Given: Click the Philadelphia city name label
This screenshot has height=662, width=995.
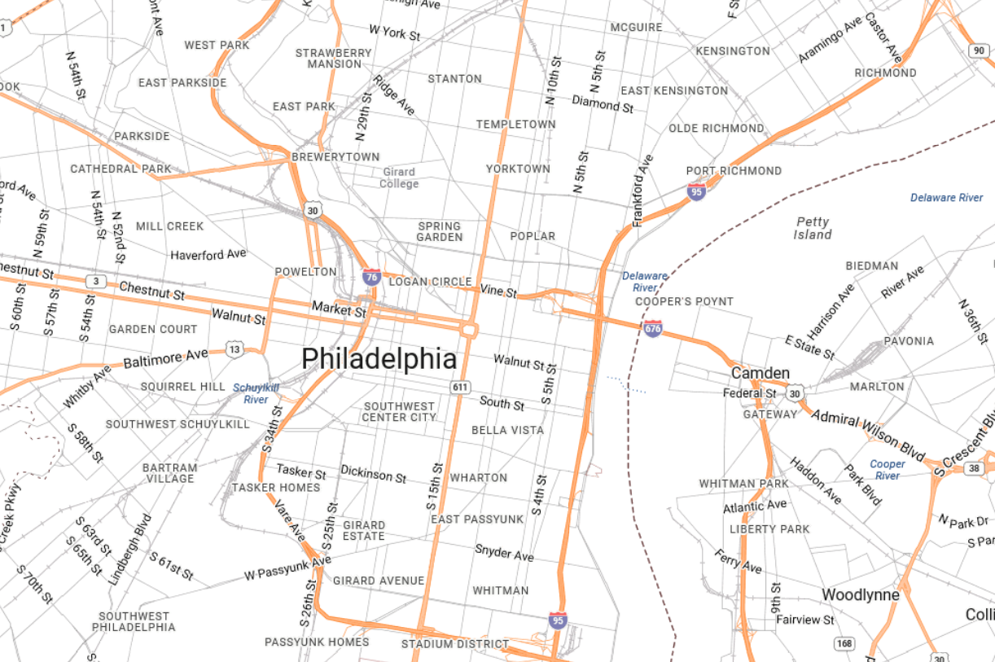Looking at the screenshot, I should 379,359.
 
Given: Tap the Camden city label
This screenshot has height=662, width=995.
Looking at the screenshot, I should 760,373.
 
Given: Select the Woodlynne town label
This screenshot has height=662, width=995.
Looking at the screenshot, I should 860,595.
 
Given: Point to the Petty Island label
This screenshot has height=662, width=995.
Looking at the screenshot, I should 812,228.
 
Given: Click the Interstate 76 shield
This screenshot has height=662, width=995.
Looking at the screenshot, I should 371,277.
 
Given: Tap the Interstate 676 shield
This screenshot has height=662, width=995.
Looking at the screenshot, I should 652,329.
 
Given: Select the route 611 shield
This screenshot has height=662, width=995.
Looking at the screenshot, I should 462,387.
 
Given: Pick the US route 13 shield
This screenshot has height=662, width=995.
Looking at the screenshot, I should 235,350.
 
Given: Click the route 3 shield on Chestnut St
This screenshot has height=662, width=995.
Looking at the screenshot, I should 97,282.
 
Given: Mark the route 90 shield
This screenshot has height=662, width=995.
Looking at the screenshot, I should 979,50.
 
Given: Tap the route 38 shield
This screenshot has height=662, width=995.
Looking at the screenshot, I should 974,468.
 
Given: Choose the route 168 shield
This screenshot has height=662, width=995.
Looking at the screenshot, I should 844,644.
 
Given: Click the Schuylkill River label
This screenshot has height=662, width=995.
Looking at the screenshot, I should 256,393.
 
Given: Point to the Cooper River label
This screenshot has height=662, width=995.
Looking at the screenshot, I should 887,470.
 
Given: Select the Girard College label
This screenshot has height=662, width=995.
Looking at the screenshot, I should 398,178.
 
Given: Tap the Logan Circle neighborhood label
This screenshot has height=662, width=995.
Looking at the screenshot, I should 430,282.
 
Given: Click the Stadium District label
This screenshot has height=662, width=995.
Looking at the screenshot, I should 454,644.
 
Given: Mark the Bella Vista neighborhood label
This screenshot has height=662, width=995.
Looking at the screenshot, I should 507,430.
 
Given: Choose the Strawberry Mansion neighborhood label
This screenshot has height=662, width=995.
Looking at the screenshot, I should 333,58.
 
